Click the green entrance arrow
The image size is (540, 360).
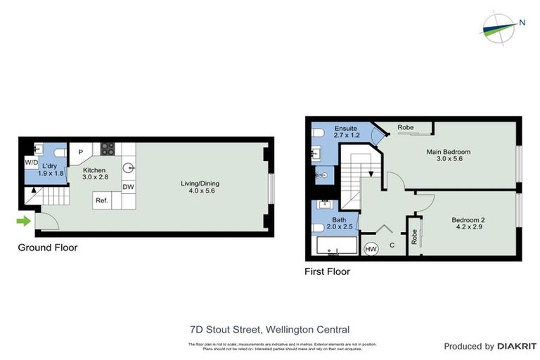pos(24,221)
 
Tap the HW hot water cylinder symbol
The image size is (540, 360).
pos(371,249)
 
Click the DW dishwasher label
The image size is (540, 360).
pos(128,187)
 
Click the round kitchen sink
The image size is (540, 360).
pos(129,168)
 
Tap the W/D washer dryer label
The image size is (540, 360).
pos(31,162)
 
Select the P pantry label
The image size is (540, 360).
pos(81,152)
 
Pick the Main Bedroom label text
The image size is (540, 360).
pos(448,152)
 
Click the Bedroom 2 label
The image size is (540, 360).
pos(468,220)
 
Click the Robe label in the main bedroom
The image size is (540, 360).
pos(405,127)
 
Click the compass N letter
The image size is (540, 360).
pos(522,22)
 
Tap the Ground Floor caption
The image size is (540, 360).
pos(48,247)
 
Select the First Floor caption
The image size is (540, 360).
pos(327,271)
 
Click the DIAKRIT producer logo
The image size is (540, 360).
pos(517,346)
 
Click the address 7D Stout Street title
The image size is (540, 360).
pos(269,329)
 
